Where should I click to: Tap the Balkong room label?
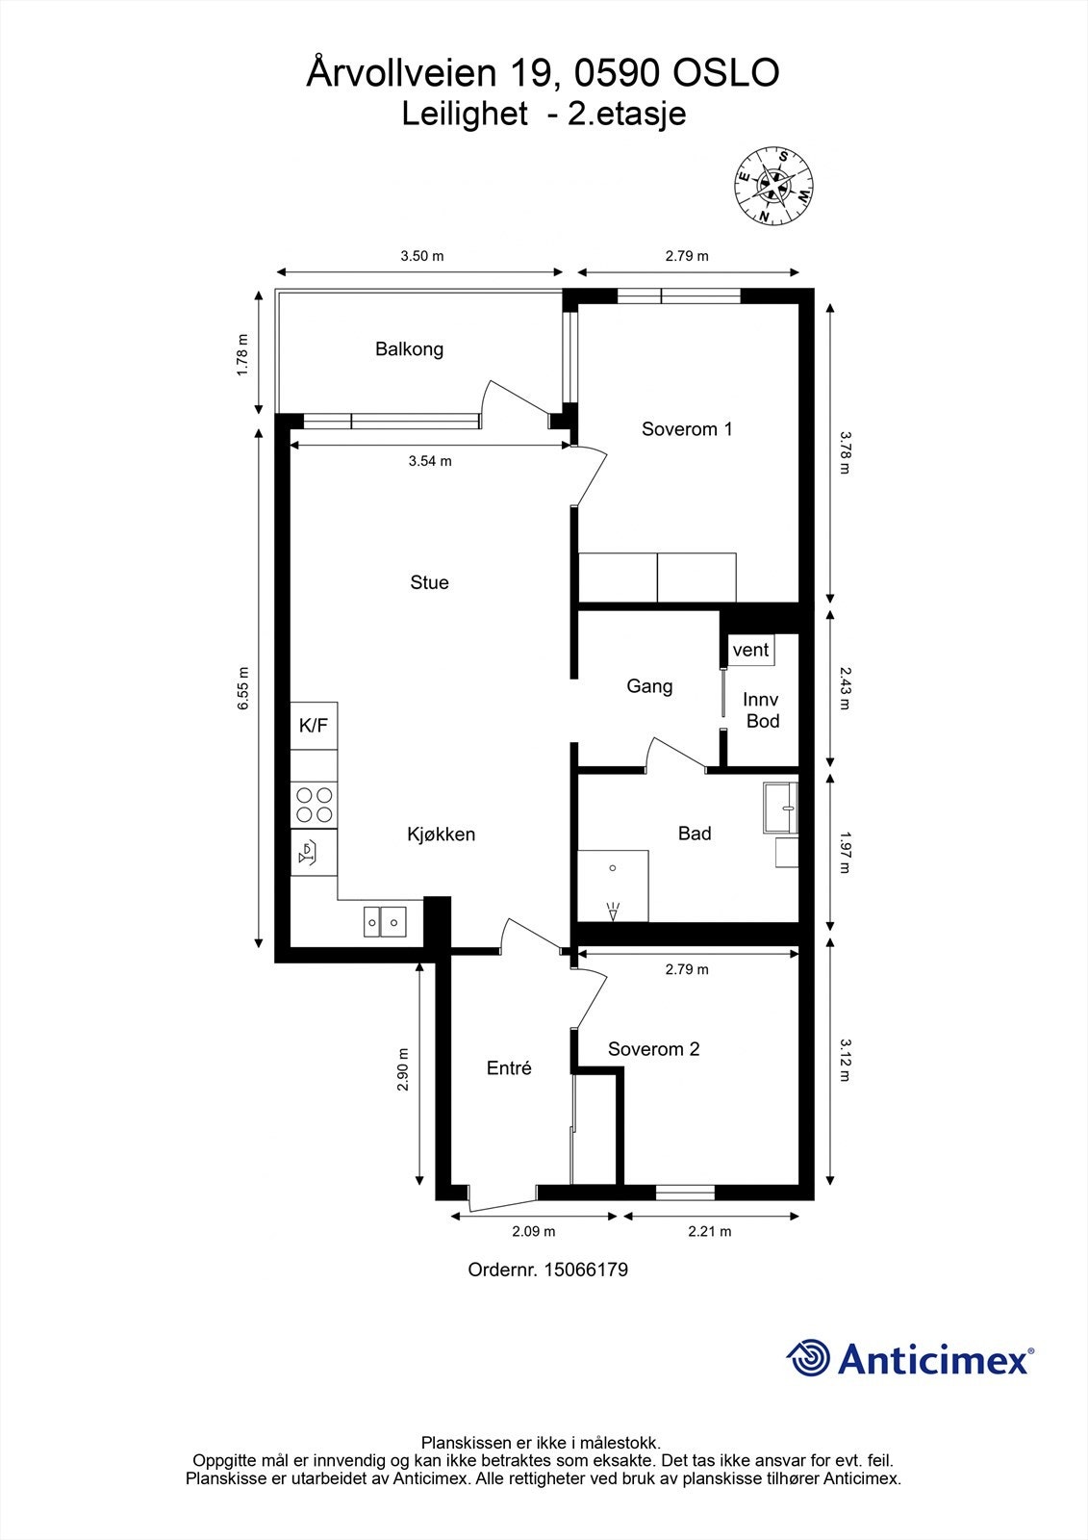coord(409,349)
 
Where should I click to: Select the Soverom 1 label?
coord(687,429)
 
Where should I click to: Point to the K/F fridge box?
coord(314,726)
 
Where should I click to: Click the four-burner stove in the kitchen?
coord(315,805)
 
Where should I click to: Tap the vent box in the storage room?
coord(750,650)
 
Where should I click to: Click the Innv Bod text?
coord(761,710)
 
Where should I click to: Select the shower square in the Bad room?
coord(612,885)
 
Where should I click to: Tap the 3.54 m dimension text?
coord(430,461)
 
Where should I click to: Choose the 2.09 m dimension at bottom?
coord(533,1231)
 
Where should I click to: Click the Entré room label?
coord(509,1068)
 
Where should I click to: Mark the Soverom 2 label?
coord(654,1049)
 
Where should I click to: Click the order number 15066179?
coord(586,1270)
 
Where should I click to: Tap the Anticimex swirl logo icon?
coord(809,1359)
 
